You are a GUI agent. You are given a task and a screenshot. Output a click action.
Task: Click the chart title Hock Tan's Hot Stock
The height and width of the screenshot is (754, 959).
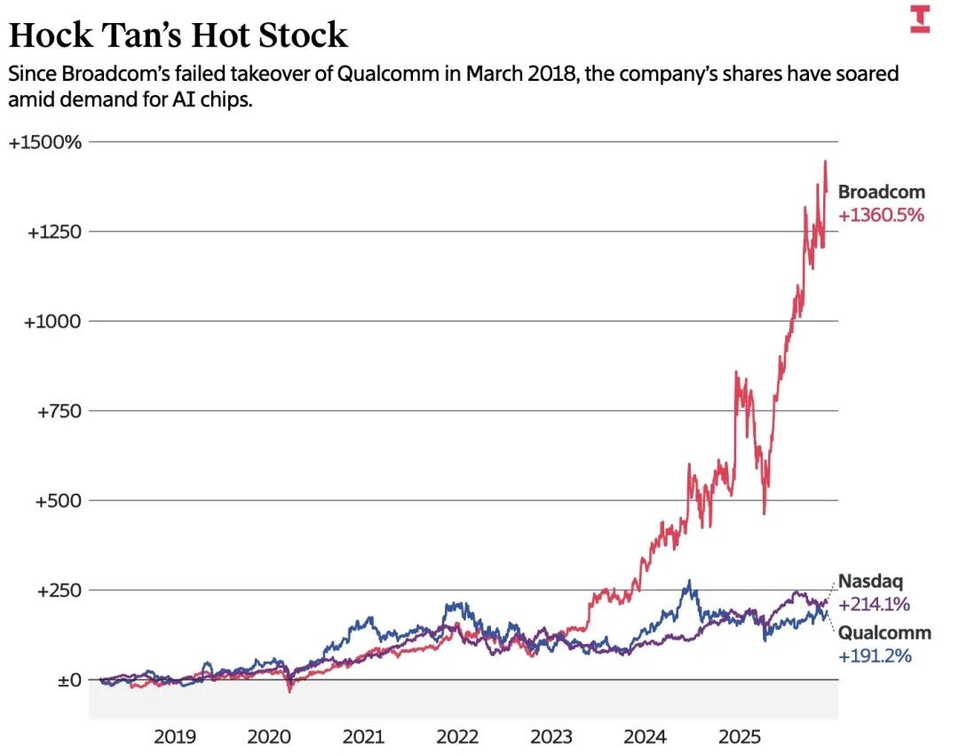(178, 36)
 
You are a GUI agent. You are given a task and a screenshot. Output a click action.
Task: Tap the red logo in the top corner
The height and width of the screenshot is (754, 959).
(920, 19)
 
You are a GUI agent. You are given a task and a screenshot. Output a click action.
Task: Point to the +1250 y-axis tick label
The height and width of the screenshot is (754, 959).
(54, 232)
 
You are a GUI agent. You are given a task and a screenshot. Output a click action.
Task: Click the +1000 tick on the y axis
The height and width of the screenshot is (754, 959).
(54, 321)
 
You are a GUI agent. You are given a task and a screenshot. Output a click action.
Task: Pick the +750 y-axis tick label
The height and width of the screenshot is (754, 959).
(58, 411)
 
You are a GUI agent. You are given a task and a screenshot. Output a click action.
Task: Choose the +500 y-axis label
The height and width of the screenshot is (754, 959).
(58, 501)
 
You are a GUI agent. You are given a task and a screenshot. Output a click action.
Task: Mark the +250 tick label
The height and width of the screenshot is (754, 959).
(58, 591)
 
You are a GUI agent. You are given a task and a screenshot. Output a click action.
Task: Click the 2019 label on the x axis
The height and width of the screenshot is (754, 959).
(175, 737)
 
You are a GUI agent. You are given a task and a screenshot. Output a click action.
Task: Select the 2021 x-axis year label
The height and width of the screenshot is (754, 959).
(363, 737)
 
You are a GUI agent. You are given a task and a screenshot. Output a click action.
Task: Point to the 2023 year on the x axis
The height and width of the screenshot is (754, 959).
(551, 737)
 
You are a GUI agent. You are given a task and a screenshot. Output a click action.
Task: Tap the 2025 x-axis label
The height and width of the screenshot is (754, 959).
(739, 737)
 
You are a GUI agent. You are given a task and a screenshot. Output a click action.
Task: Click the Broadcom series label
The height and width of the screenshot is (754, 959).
(881, 192)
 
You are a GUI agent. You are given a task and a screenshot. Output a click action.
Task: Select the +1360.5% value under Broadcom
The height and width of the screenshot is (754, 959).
(881, 214)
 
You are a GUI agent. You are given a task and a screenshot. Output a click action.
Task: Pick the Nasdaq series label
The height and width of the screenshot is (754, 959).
(870, 583)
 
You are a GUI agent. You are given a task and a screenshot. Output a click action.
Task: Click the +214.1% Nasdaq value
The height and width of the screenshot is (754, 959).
(875, 605)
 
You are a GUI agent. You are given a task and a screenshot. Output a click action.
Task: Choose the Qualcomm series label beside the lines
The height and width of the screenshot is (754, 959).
(884, 633)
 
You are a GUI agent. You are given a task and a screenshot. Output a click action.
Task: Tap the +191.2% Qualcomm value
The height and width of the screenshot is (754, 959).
(875, 656)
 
